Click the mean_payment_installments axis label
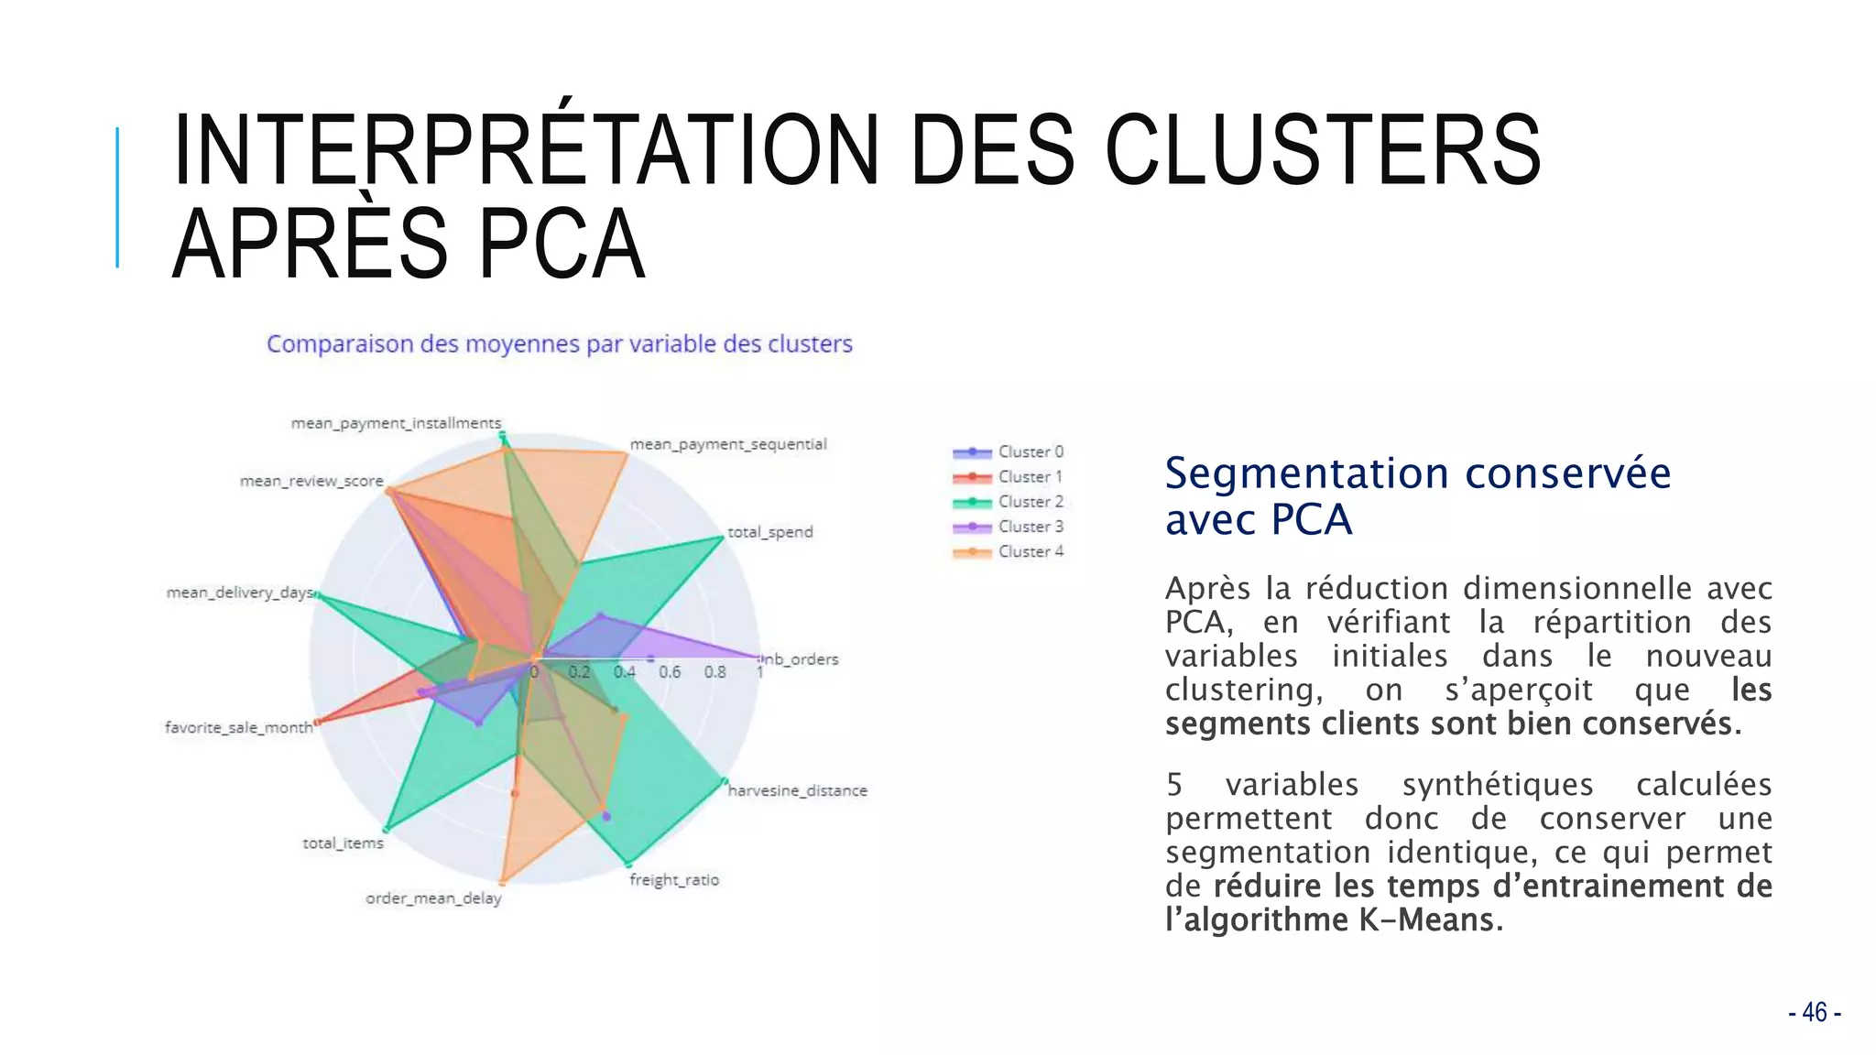[396, 423]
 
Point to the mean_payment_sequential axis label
[728, 444]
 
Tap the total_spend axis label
[770, 532]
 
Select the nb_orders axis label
[802, 659]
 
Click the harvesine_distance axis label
[797, 790]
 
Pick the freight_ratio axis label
[674, 880]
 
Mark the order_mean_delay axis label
[433, 898]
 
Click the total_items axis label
[344, 843]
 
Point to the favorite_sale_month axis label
[239, 728]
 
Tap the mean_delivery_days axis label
[240, 593]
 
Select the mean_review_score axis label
[311, 481]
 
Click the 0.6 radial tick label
[670, 672]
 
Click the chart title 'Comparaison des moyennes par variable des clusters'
[559, 344]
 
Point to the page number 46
[1814, 1012]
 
